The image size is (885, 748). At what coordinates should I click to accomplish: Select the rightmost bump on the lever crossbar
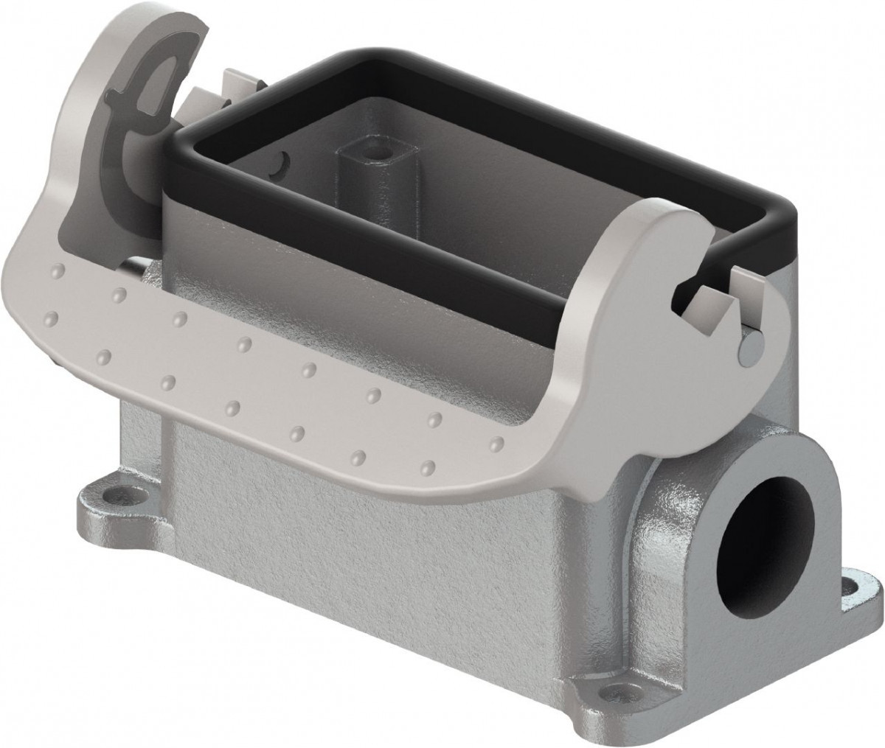pyautogui.click(x=497, y=443)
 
